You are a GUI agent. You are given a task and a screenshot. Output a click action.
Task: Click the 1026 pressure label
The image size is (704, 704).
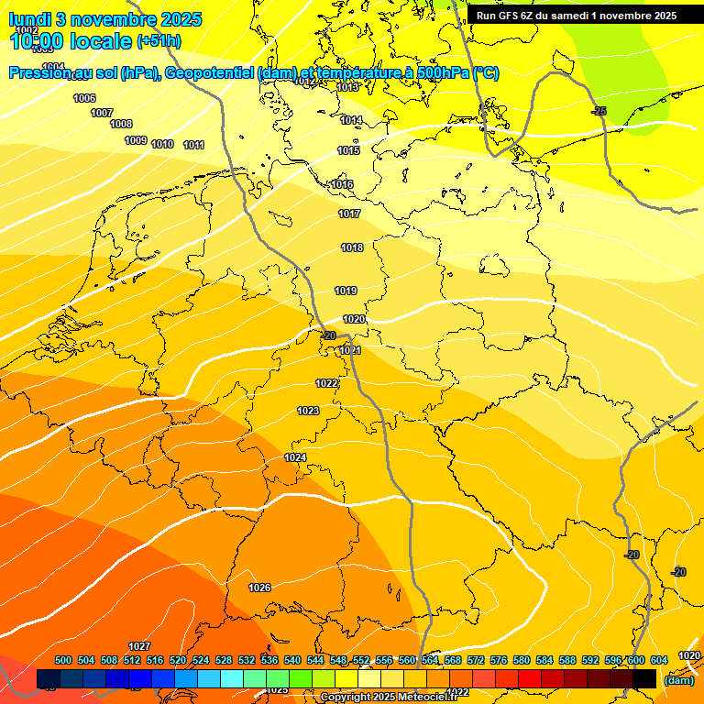[259, 588]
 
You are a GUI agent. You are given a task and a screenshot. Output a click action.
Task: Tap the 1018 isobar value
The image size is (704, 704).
[352, 248]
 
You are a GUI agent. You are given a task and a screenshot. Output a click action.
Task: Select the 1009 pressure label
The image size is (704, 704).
[136, 140]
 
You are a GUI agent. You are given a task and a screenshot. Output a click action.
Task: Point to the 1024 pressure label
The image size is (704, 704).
[295, 457]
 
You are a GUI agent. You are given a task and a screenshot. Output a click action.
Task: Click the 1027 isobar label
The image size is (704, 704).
[139, 647]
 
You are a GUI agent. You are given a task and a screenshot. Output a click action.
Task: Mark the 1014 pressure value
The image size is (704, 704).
[351, 120]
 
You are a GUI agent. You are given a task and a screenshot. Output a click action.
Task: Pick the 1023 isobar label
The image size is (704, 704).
[308, 411]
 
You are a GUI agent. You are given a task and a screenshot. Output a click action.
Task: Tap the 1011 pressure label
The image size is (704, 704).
[193, 145]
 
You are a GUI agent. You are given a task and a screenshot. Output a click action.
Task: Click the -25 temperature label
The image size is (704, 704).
[599, 111]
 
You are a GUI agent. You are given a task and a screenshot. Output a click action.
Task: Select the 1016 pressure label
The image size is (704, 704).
[342, 185]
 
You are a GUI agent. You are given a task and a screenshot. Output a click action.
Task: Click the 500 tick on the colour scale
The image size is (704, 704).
[63, 660]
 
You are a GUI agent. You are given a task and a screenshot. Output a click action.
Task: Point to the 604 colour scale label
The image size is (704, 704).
[658, 660]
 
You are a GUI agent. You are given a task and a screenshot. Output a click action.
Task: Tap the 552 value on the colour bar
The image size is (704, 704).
[361, 660]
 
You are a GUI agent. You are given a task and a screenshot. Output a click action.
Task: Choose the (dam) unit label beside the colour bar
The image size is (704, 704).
[677, 680]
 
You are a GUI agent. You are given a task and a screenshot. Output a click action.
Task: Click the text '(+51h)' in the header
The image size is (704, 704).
[159, 41]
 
